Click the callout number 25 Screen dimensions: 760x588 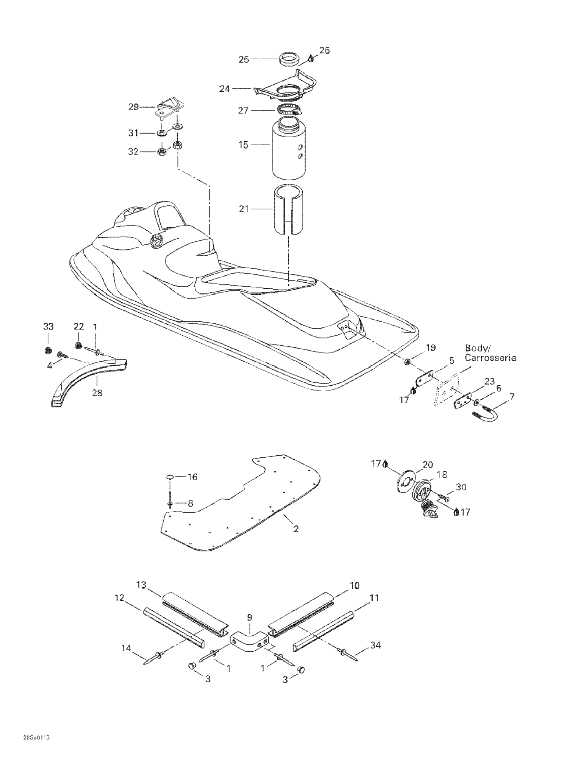pos(244,59)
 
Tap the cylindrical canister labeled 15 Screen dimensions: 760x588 pos(289,148)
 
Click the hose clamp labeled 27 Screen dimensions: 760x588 pos(290,110)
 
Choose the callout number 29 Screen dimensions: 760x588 pos(133,107)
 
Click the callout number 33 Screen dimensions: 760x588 pos(48,326)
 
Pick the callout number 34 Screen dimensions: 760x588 pos(375,645)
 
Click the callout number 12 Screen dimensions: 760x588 pos(119,598)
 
